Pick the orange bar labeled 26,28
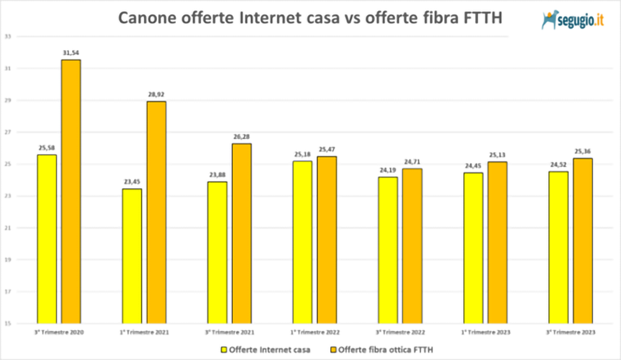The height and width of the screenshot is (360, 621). pos(242,233)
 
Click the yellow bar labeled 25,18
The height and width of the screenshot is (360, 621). pos(302,242)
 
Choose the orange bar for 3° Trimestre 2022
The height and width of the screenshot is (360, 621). pos(412,246)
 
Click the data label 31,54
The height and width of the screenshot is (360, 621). pos(71,53)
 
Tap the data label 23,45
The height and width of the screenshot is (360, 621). pos(132,182)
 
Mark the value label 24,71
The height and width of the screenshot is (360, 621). pos(412,161)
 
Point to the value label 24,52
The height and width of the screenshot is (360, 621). pos(558,164)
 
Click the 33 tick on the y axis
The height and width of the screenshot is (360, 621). pos(7,36)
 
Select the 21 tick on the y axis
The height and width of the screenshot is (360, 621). pos(7,228)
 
